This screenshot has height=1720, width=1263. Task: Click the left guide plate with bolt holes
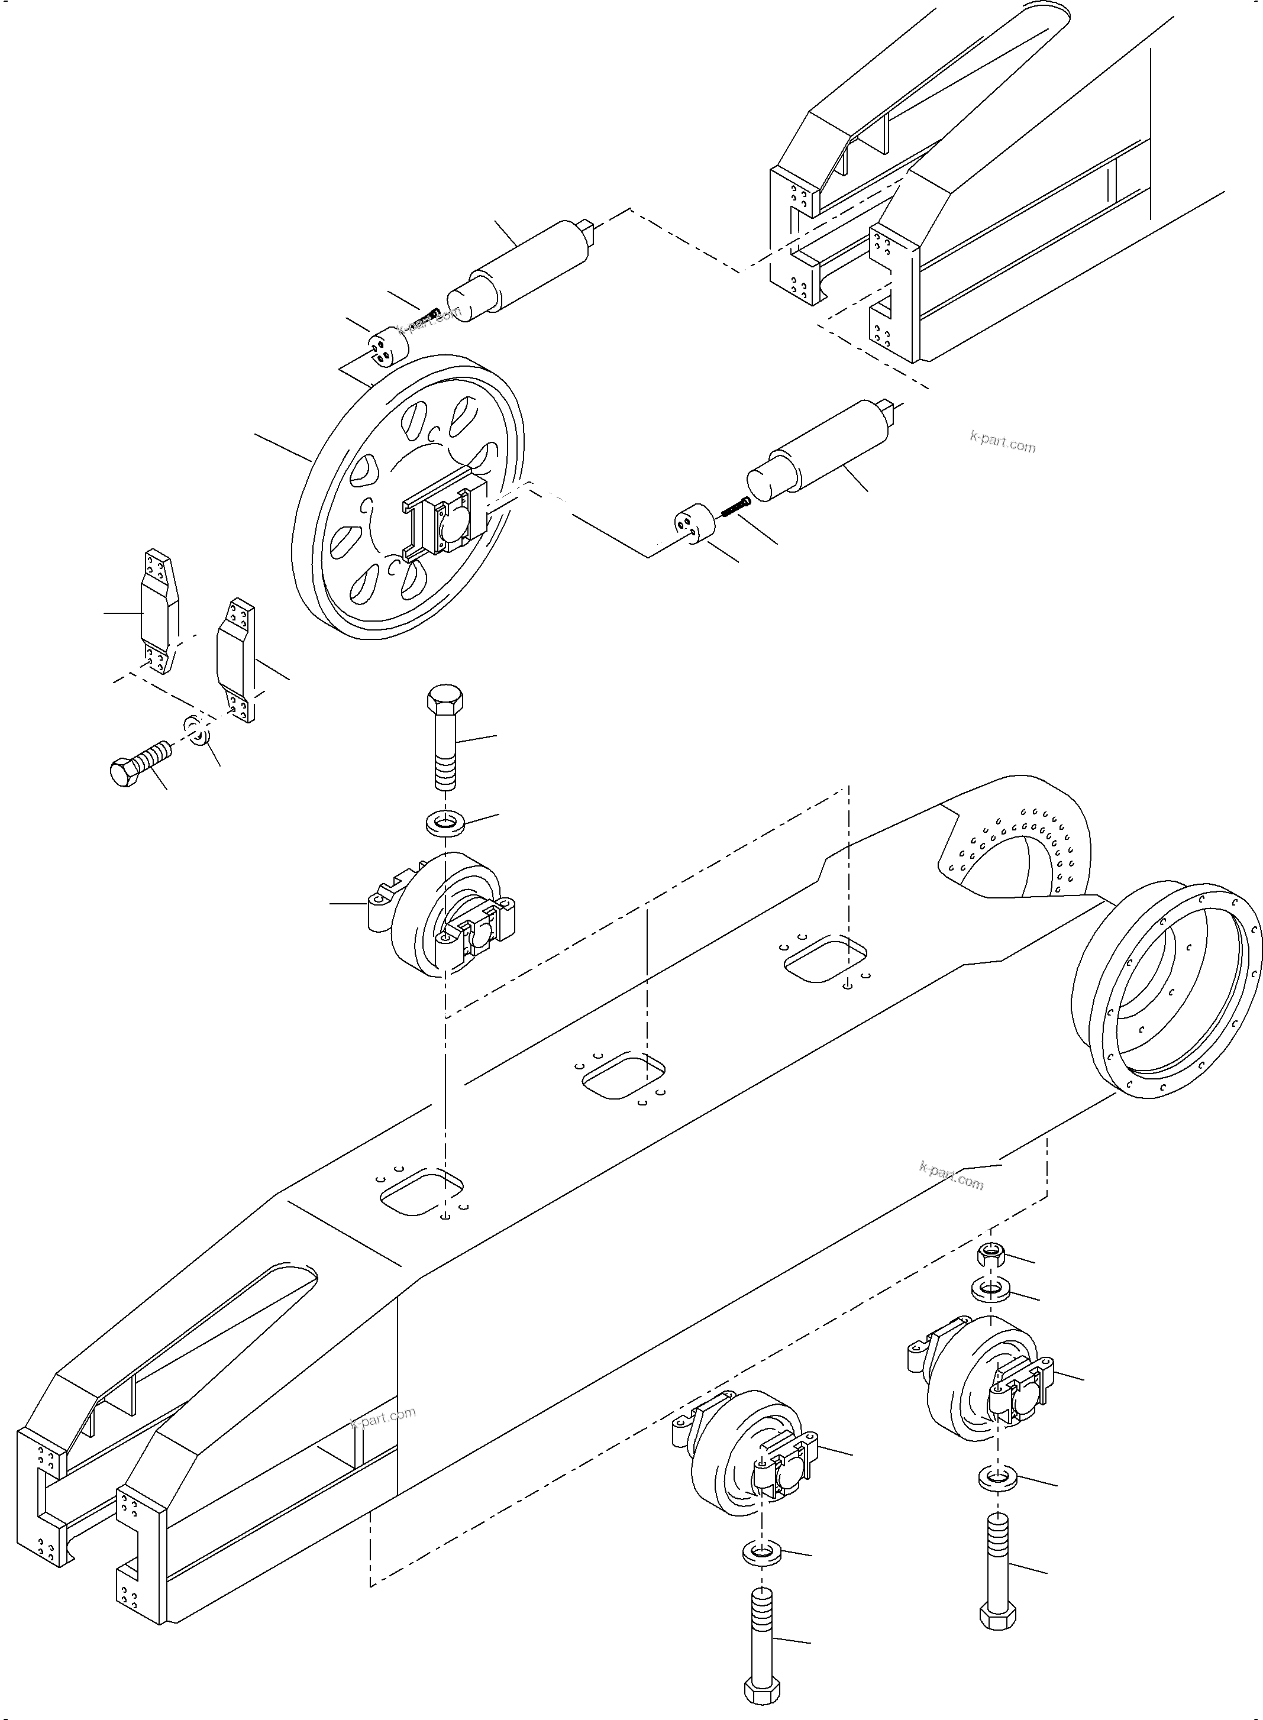159,612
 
